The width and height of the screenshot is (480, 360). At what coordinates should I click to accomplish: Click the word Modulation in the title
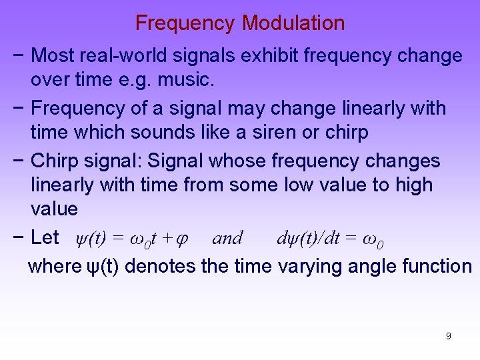293,23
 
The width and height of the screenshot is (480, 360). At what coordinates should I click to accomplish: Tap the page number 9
448,336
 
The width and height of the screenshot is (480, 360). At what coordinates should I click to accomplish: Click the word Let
45,237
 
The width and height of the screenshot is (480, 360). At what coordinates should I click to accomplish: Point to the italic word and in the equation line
227,237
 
